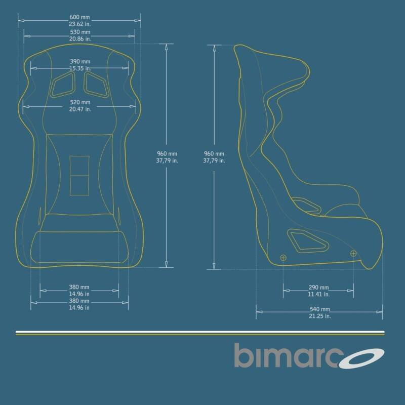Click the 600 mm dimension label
pos(79,17)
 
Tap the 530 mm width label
pos(80,32)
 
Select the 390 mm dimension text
pos(80,61)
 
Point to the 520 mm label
pos(80,102)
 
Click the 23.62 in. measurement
pos(80,24)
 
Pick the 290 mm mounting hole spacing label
pos(319,288)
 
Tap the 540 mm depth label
pos(320,309)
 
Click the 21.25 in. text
pos(320,316)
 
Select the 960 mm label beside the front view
pos(167,154)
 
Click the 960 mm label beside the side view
pos(214,154)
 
